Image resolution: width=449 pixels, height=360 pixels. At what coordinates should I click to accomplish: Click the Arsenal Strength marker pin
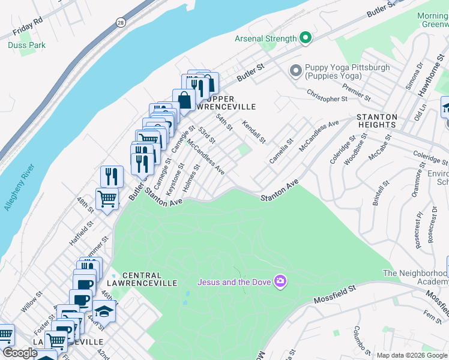tap(306, 38)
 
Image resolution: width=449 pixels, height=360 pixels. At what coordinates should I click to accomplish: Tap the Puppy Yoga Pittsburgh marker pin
tap(295, 71)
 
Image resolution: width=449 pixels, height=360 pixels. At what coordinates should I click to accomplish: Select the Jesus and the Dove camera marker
tap(280, 281)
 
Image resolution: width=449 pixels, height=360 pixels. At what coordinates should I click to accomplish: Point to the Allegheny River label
tap(19, 185)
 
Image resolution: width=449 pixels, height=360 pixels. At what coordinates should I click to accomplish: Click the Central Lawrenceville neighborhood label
tap(150, 278)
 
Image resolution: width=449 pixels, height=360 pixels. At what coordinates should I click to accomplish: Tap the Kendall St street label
tap(254, 131)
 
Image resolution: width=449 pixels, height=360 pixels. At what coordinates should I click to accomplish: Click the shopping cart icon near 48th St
tap(107, 198)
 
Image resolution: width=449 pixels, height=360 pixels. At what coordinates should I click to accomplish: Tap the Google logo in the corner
tap(20, 353)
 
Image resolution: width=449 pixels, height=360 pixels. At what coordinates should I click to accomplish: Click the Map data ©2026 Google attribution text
tap(411, 355)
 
